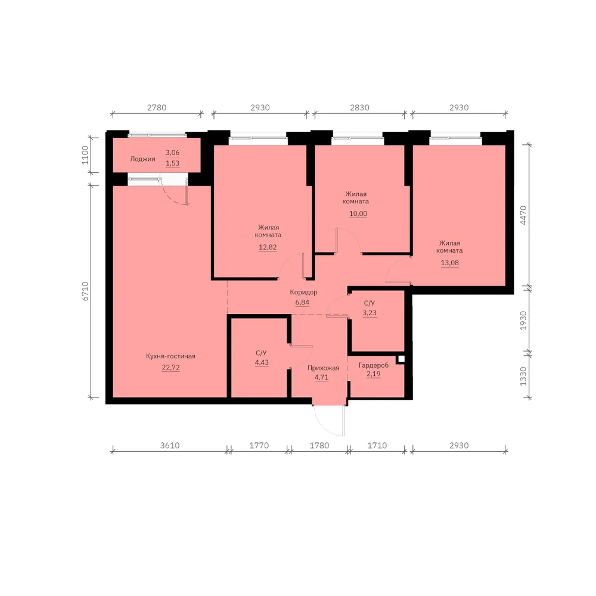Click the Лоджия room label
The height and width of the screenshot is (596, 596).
[142, 159]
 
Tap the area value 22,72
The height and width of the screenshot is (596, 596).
[170, 368]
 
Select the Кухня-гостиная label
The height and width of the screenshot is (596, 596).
[170, 356]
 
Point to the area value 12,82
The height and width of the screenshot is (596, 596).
[268, 247]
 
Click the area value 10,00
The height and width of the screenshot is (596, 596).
[358, 213]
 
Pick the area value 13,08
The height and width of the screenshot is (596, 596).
[449, 263]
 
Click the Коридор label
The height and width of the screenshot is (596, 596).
[303, 292]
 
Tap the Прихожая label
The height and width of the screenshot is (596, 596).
[323, 368]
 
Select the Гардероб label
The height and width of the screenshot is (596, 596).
[373, 365]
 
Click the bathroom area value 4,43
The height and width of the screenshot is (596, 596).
[262, 362]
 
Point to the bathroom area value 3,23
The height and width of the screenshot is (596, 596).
[370, 313]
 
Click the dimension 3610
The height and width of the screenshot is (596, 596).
[169, 445]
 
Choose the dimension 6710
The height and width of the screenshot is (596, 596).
[85, 291]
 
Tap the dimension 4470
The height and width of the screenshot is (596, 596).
[523, 215]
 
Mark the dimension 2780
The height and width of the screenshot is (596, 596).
[157, 107]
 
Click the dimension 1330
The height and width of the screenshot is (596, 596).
[523, 376]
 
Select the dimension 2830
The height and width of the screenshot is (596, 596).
[359, 107]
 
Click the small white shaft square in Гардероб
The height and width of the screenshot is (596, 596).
[401, 358]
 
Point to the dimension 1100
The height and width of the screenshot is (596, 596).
[85, 155]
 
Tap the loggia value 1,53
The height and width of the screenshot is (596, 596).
[173, 163]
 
